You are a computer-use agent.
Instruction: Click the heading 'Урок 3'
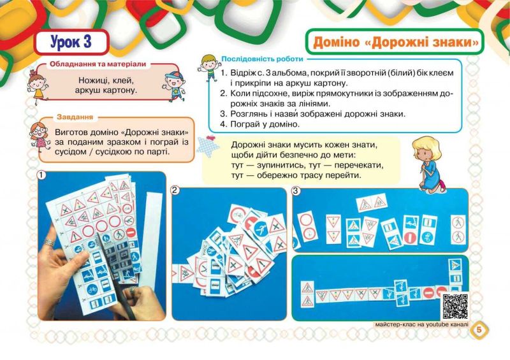pyautogui.click(x=71, y=42)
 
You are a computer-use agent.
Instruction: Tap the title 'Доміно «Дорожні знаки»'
pyautogui.click(x=396, y=42)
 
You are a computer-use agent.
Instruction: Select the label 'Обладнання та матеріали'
pyautogui.click(x=98, y=64)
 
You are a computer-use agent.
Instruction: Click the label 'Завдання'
pyautogui.click(x=75, y=117)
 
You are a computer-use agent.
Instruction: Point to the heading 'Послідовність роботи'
pyautogui.click(x=262, y=59)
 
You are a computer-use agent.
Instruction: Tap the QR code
pyautogui.click(x=455, y=306)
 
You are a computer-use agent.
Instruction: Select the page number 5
pyautogui.click(x=479, y=329)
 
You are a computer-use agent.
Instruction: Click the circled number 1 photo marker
pyautogui.click(x=41, y=175)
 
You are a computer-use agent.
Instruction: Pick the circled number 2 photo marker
pyautogui.click(x=175, y=191)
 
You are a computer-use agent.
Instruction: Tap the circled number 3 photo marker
pyautogui.click(x=296, y=191)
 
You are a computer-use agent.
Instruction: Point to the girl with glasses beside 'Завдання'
pyautogui.click(x=40, y=137)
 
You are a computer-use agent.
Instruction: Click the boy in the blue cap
pyautogui.click(x=174, y=86)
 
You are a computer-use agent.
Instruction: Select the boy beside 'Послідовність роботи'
pyautogui.click(x=209, y=68)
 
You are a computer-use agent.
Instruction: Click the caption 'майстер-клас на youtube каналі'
pyautogui.click(x=421, y=324)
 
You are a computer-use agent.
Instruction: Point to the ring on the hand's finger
pyautogui.click(x=50, y=242)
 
